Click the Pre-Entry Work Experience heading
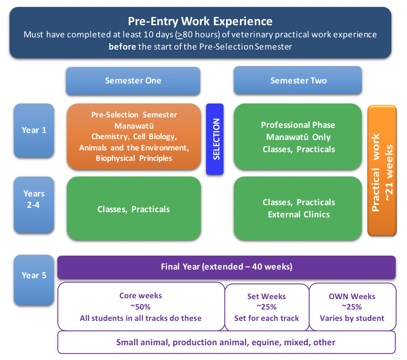pos(200,21)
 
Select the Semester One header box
pos(133,80)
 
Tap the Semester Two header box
pos(298,80)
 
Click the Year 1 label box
pos(34,130)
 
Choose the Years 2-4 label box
pos(34,204)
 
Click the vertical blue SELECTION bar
pos(215,139)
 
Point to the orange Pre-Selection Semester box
pos(134,137)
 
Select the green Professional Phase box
pos(298,137)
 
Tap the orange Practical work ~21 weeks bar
pos(382,171)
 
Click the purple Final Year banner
pos(226,267)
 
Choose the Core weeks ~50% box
pos(140,307)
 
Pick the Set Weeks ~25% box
pos(266,307)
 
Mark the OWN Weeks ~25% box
pos(352,307)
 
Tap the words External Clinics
pos(299,214)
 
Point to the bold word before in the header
pos(122,46)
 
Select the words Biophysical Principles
pos(134,158)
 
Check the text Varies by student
pos(352,318)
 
